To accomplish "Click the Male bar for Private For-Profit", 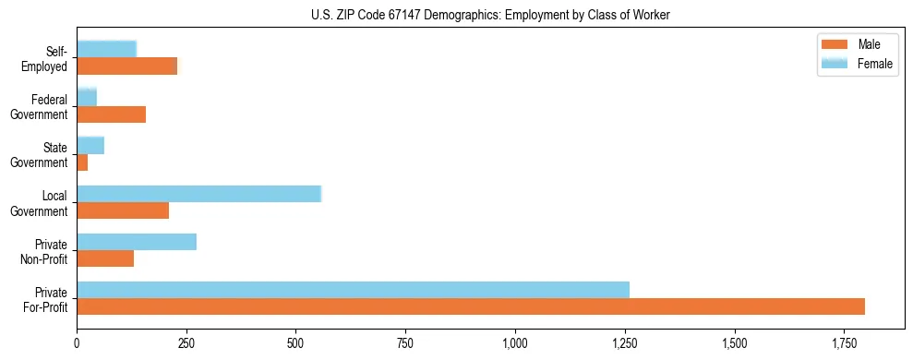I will pyautogui.click(x=471, y=306).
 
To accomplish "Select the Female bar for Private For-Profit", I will pyautogui.click(x=353, y=290).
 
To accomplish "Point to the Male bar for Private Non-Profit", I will pyautogui.click(x=105, y=258).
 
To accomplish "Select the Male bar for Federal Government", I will pyautogui.click(x=111, y=114).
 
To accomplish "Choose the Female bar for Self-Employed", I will pyautogui.click(x=106, y=50).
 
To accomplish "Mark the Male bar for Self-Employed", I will pyautogui.click(x=126, y=66).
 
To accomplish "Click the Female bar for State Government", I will pyautogui.click(x=90, y=146).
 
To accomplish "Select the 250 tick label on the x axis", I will pyautogui.click(x=186, y=343).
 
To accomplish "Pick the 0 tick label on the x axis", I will pyautogui.click(x=77, y=343).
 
